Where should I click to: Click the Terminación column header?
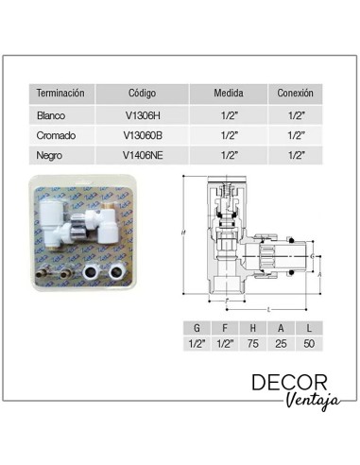[60, 95]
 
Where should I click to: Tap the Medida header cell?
[229, 95]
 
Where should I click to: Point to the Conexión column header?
[295, 95]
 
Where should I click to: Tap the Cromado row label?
[56, 135]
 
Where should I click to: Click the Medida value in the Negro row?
[229, 154]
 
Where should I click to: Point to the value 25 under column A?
[282, 344]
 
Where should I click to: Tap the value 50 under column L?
[310, 344]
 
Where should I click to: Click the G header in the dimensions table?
[196, 327]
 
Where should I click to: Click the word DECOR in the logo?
[290, 383]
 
